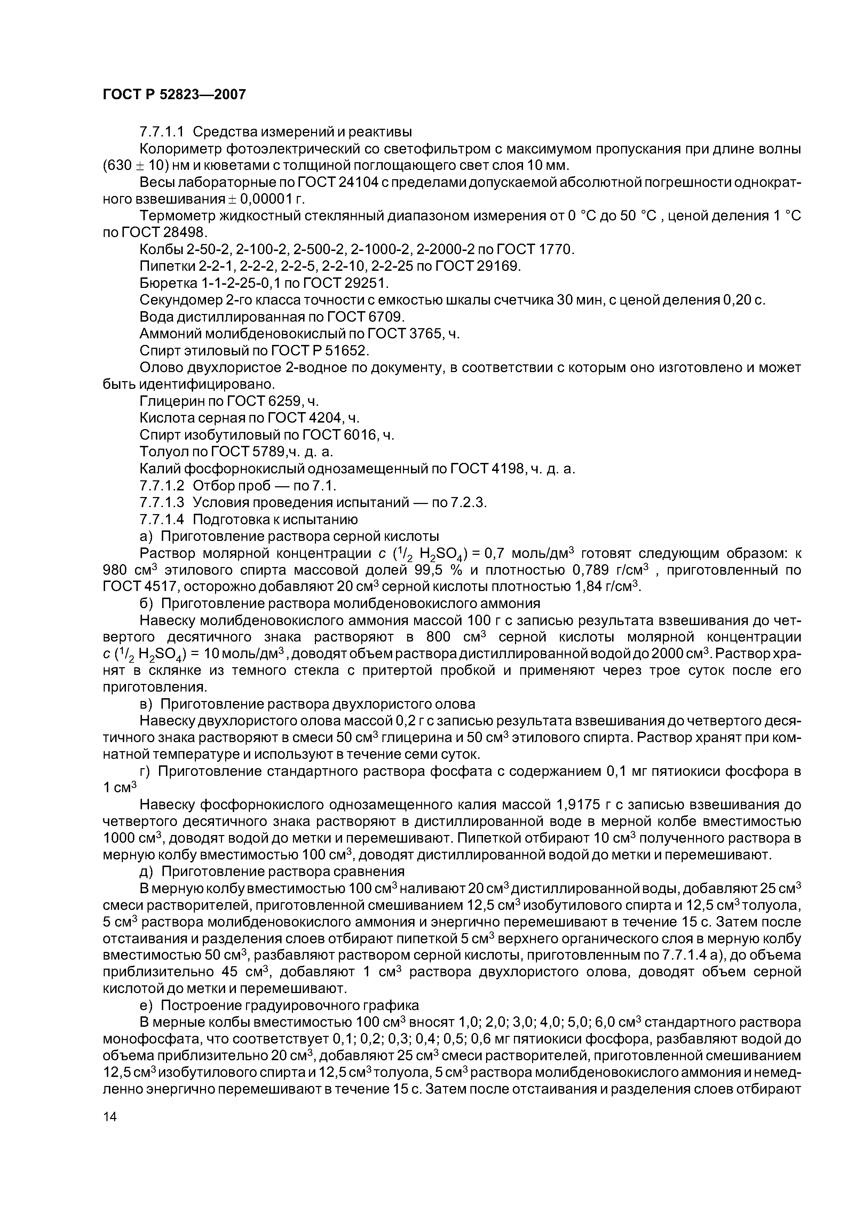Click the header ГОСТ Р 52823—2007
pyautogui.click(x=174, y=95)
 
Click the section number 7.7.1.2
pyautogui.click(x=162, y=486)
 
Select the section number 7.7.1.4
pyautogui.click(x=162, y=519)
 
